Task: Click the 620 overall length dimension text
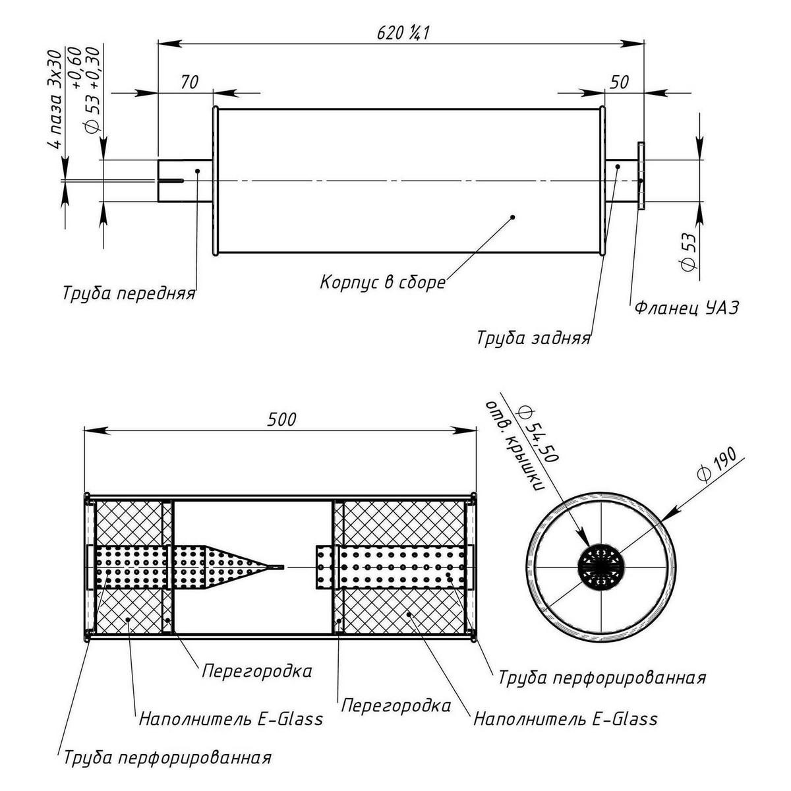tap(403, 33)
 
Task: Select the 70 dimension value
tap(189, 82)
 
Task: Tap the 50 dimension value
tap(619, 82)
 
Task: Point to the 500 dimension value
tap(281, 419)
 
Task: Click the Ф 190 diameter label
tap(717, 465)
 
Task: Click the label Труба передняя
tap(129, 294)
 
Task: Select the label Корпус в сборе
tap(382, 283)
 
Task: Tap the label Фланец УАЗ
tap(687, 307)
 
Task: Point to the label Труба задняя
tap(534, 339)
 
